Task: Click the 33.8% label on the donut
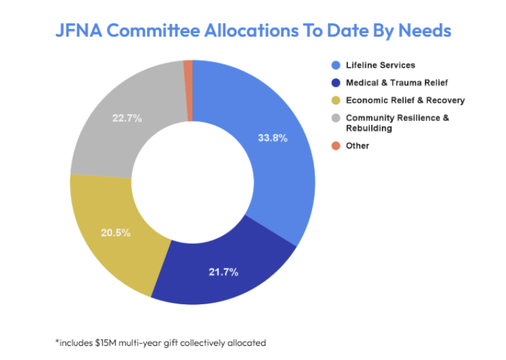pos(272,139)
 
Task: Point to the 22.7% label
pos(127,119)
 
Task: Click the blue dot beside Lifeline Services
pos(336,65)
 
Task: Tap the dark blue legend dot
pos(336,83)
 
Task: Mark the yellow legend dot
pos(336,100)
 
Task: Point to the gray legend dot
pos(336,118)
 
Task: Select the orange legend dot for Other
pos(336,145)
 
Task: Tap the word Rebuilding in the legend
pos(368,128)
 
